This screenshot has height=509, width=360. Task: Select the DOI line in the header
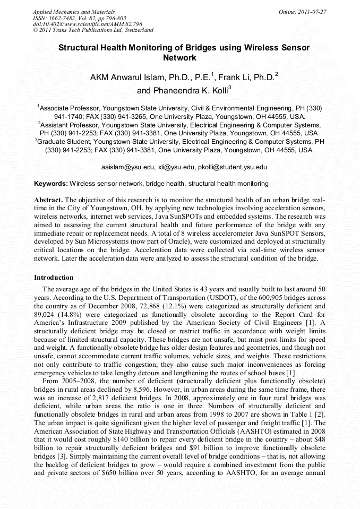pos(87,24)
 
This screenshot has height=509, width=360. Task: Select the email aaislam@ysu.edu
pos(127,167)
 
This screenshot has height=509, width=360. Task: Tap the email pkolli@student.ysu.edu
pos(230,167)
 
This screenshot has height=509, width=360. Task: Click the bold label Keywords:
pos(50,184)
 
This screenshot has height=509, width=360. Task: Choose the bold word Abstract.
pos(48,200)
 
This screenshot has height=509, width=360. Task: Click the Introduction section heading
pos(54,278)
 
